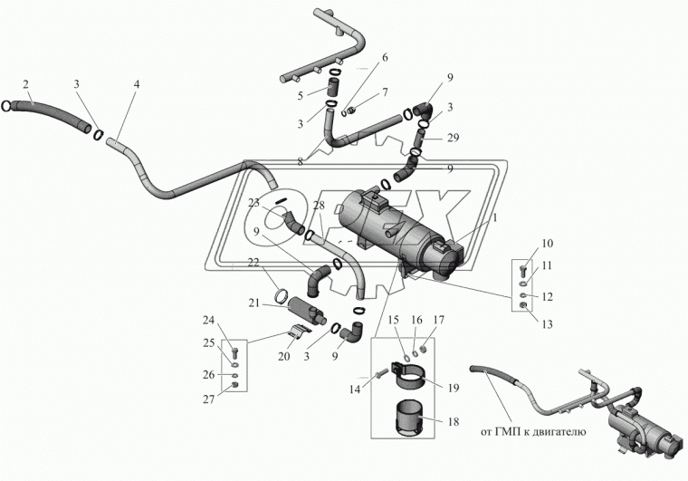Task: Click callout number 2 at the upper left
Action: click(x=25, y=84)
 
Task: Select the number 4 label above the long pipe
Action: click(x=137, y=84)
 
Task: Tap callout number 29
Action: click(x=453, y=138)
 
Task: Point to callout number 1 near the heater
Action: click(x=495, y=217)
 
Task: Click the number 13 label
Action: click(x=547, y=324)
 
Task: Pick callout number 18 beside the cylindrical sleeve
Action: click(x=454, y=422)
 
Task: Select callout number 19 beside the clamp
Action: click(x=454, y=388)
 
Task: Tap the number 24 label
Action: click(x=209, y=321)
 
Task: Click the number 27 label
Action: click(x=209, y=399)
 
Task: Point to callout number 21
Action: click(x=254, y=303)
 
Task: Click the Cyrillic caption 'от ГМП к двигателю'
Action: click(x=533, y=432)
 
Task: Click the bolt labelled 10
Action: click(x=522, y=271)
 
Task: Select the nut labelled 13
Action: click(x=522, y=305)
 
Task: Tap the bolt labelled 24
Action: click(x=234, y=353)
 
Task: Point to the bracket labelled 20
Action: click(x=301, y=332)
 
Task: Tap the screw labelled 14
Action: click(x=380, y=374)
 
